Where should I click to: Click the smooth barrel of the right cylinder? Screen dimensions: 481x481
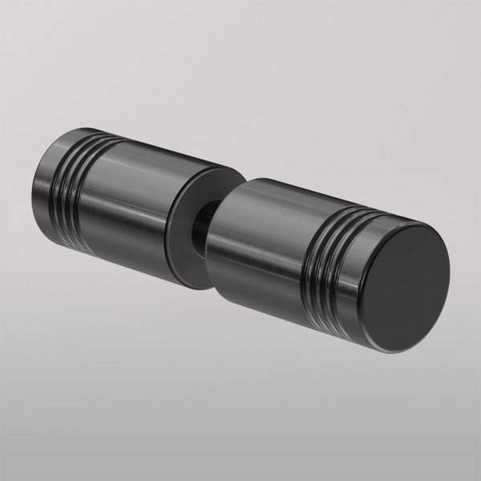(265, 240)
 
